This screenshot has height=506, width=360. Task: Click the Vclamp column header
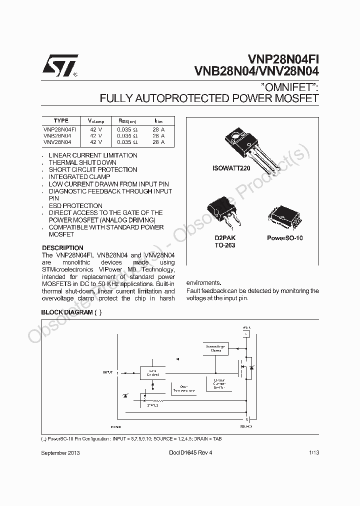(96, 121)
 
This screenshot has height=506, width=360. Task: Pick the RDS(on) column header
(127, 121)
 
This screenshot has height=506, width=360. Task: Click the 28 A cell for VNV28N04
(158, 142)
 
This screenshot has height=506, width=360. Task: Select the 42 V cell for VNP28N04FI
(96, 129)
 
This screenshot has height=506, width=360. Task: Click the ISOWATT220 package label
(231, 168)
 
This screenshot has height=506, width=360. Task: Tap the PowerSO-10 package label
(285, 238)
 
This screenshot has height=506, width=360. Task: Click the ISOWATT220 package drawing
(250, 145)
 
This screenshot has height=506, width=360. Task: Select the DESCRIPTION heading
(62, 248)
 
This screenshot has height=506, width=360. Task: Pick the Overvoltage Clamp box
(216, 348)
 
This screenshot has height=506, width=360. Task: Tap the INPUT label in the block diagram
(108, 372)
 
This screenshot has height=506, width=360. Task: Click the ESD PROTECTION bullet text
(75, 205)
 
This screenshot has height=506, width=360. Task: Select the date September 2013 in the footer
(60, 452)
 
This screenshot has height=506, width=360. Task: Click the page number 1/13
(313, 452)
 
